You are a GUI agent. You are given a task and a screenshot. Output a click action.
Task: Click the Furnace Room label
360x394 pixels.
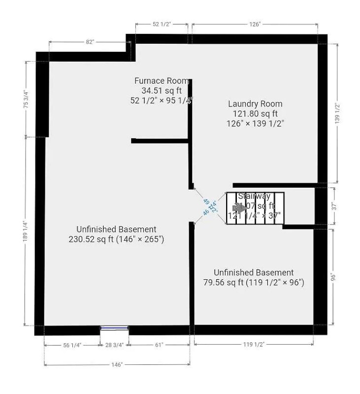coord(162,81)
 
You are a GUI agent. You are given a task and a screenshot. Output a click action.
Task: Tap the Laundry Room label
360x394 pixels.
coord(255,104)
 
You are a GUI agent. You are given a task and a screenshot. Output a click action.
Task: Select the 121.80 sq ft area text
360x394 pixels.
coord(255,113)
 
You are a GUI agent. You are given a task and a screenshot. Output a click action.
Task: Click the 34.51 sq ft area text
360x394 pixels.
coord(162,90)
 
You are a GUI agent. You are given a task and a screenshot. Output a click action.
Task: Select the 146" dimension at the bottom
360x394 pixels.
coord(117,365)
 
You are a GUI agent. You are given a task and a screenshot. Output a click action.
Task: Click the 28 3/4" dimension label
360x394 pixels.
coord(115,345)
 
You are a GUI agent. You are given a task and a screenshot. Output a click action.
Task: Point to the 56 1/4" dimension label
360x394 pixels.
coord(71,345)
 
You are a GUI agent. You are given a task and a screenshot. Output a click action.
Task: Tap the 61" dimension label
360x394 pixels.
coord(159,345)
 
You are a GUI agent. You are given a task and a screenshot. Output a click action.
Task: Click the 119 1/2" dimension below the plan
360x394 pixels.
coord(254,345)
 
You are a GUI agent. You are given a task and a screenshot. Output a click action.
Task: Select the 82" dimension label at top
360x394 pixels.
coord(90,42)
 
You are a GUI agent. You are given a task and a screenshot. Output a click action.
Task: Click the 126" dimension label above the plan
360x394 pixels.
coord(255,24)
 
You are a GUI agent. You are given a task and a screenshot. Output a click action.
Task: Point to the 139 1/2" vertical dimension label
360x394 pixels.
coord(337,113)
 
